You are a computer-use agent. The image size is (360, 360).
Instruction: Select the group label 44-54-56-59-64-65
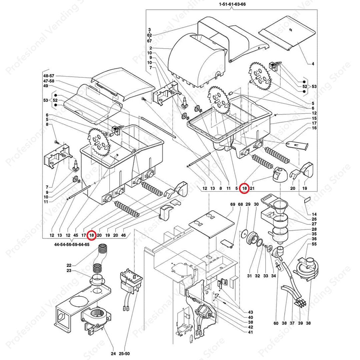point(72,244)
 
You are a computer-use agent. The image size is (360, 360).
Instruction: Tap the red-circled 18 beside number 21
point(245,189)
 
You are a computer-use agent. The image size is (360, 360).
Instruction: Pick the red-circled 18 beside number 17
point(92,235)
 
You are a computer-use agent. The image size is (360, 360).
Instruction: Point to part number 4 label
point(313,64)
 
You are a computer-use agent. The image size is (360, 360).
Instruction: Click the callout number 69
point(232,204)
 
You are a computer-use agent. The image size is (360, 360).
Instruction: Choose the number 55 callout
point(314,244)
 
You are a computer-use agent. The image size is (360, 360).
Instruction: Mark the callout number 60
point(276,323)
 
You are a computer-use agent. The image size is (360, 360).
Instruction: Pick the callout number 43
point(250,312)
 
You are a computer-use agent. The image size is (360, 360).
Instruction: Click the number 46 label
point(123,235)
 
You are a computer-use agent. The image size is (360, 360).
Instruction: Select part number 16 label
point(314,128)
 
